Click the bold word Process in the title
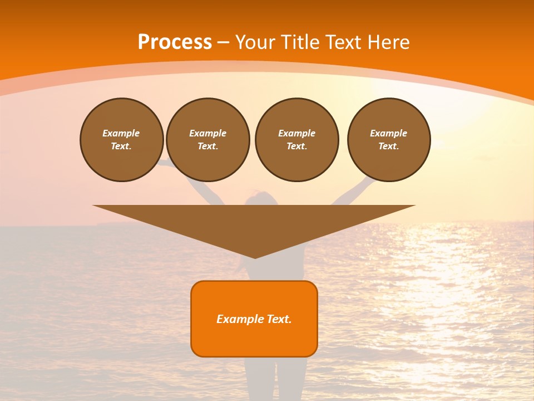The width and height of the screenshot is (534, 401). (175, 42)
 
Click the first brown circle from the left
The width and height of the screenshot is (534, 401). (121, 140)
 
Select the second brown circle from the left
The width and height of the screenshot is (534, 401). (207, 140)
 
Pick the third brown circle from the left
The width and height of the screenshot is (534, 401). (296, 140)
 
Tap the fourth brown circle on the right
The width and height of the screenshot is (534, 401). (388, 140)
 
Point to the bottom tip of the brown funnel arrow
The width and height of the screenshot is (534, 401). (255, 257)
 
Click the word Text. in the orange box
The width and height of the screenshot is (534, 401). (279, 319)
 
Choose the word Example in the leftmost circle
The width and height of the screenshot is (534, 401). (121, 133)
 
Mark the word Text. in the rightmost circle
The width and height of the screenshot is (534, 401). (388, 146)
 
